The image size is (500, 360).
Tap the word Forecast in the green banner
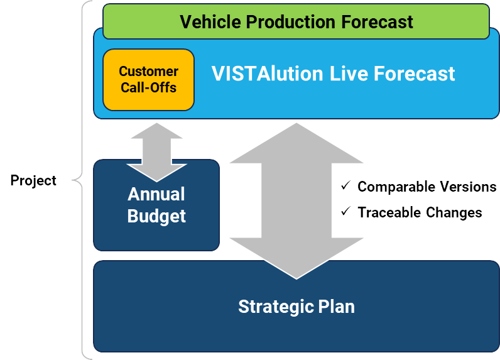[377, 22]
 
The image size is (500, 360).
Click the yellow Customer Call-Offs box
[148, 80]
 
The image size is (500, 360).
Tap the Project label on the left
[33, 181]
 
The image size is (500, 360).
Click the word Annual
[156, 194]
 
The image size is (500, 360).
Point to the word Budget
[156, 216]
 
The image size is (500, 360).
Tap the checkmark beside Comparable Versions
[345, 186]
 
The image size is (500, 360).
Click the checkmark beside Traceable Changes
[345, 212]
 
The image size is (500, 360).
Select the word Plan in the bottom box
[337, 307]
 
